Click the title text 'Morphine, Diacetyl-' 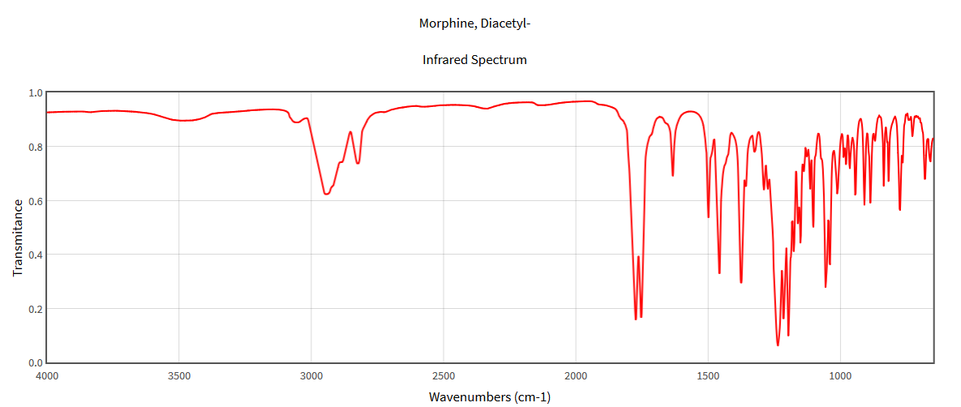(x=474, y=24)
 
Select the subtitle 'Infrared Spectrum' (x=474, y=60)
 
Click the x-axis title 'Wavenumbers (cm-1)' (x=490, y=396)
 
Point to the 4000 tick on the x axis (x=47, y=375)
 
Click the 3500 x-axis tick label (x=179, y=375)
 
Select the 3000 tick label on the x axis (x=311, y=375)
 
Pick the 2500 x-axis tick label (x=444, y=375)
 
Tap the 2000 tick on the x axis (x=576, y=375)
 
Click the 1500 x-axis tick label (x=708, y=375)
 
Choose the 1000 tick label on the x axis (x=840, y=375)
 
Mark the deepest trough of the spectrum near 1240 (x=778, y=345)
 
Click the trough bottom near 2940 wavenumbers (x=326, y=194)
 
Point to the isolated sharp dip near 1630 (x=673, y=175)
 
